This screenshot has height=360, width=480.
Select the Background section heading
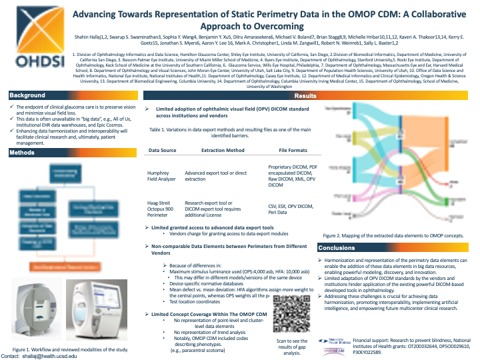(27, 95)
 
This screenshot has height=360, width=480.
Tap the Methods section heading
(22, 153)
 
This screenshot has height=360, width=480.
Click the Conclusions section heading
(337, 248)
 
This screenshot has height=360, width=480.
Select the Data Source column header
(162, 151)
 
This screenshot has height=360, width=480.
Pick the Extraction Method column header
(218, 151)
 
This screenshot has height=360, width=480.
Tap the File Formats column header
(293, 151)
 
